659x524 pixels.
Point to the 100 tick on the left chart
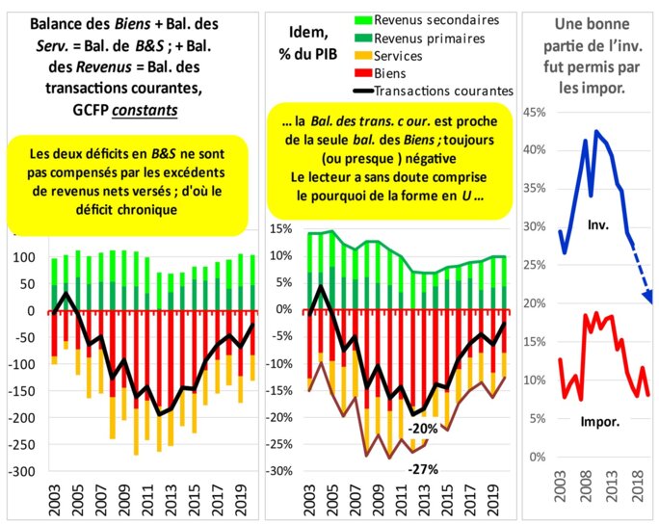23,258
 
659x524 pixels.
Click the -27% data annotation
424,469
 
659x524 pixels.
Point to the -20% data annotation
424,429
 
